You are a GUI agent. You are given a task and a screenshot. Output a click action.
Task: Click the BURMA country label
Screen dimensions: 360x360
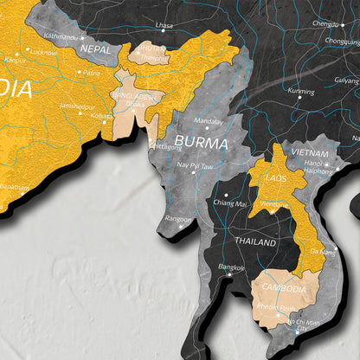(x=201, y=141)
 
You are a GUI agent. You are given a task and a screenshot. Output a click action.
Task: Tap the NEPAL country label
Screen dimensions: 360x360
(x=94, y=50)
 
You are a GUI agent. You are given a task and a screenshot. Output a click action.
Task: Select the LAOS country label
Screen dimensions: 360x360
(x=275, y=177)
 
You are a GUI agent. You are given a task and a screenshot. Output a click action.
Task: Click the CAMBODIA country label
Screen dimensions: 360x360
(x=283, y=288)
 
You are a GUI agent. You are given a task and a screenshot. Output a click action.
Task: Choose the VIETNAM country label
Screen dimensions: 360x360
(x=310, y=152)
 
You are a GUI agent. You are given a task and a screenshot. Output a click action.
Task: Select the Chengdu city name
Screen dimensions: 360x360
(x=326, y=24)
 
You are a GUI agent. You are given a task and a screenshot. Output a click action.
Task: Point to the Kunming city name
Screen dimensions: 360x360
(x=301, y=90)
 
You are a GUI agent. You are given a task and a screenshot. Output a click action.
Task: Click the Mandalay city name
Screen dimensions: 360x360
(x=209, y=121)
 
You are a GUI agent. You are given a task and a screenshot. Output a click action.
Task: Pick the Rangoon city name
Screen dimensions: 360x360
(x=179, y=218)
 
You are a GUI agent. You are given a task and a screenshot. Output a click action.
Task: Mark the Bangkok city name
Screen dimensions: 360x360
(x=232, y=267)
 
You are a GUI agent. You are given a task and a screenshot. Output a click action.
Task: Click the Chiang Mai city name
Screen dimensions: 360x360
(x=231, y=202)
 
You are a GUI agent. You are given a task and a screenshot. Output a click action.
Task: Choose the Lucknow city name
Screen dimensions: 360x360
(x=42, y=51)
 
